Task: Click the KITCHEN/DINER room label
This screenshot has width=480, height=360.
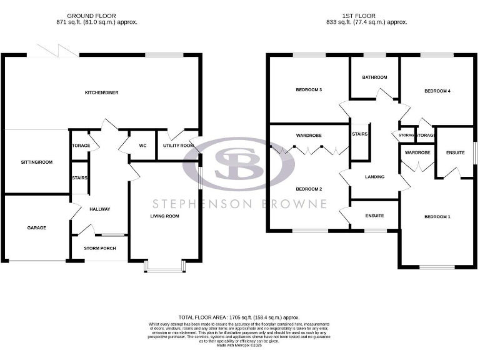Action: click(x=102, y=92)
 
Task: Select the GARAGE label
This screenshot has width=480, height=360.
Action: click(x=36, y=227)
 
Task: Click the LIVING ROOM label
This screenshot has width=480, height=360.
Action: click(x=164, y=216)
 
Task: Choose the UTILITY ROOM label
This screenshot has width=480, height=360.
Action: click(x=178, y=146)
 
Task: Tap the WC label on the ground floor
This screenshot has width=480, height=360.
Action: click(x=142, y=146)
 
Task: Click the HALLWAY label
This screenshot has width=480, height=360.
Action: click(x=99, y=209)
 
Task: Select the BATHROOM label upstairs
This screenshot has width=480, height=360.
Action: click(x=374, y=77)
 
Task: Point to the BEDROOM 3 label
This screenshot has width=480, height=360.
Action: click(x=309, y=90)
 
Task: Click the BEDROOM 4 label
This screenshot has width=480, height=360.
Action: click(x=437, y=91)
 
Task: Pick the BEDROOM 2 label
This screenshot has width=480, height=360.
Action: click(x=309, y=189)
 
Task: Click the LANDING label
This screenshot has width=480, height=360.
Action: click(x=374, y=177)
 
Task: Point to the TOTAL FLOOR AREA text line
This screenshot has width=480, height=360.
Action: click(x=239, y=317)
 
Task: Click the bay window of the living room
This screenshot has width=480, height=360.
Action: click(x=164, y=267)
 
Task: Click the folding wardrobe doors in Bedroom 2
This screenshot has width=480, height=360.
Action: click(x=309, y=150)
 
